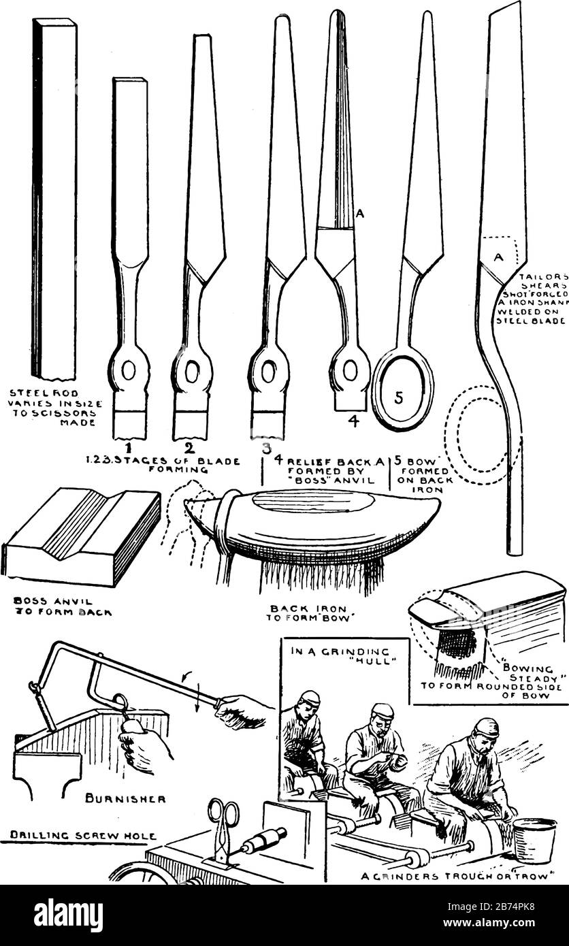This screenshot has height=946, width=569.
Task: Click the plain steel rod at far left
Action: click(55, 197)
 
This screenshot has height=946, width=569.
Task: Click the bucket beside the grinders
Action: click(534, 841)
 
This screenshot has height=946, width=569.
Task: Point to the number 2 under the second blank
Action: click(189, 446)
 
